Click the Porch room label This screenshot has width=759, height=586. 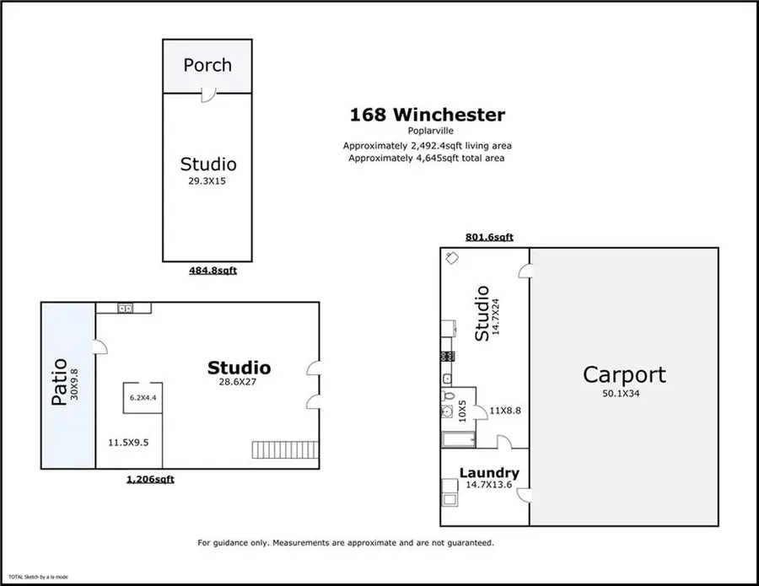[207, 65]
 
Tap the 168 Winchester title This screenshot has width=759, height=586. [428, 114]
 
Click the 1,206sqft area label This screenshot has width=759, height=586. [150, 479]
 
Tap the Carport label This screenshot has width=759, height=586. [624, 375]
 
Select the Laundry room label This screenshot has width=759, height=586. [488, 473]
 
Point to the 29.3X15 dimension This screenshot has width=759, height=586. [207, 181]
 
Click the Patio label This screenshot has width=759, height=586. [59, 384]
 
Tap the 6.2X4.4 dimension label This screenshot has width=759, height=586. [143, 397]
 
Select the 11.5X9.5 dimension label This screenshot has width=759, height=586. [128, 441]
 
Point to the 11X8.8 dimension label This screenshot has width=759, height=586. [505, 411]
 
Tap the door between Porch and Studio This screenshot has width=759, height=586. [207, 97]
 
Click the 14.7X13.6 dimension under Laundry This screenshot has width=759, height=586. [488, 486]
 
